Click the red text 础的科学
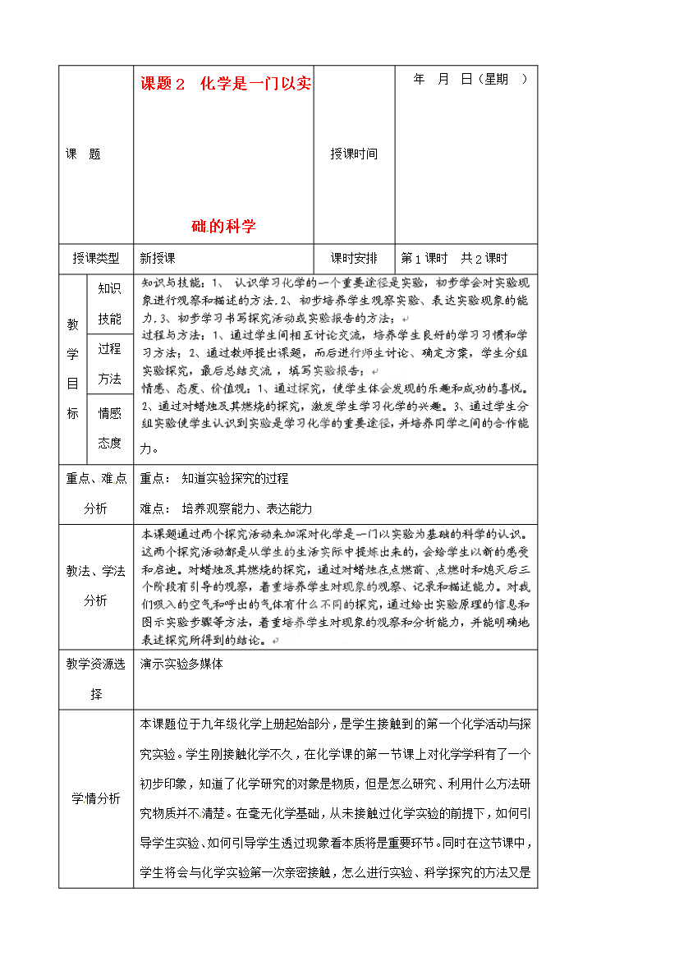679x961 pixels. click(x=223, y=226)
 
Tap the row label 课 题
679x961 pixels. click(x=83, y=154)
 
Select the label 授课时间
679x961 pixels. click(x=354, y=154)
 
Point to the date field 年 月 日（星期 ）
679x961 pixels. click(x=470, y=80)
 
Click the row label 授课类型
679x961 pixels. click(x=96, y=258)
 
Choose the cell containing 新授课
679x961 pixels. click(x=158, y=258)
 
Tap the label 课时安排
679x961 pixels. click(x=354, y=258)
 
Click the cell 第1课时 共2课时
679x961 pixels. click(x=454, y=258)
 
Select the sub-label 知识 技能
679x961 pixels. click(x=109, y=303)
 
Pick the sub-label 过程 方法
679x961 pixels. click(x=109, y=363)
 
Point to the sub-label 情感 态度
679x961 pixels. click(x=109, y=428)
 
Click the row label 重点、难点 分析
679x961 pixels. click(x=96, y=494)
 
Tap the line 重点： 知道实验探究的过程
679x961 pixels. click(x=214, y=478)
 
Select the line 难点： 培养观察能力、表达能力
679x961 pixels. click(x=226, y=508)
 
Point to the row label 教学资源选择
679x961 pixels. click(x=96, y=678)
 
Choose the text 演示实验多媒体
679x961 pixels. click(x=181, y=664)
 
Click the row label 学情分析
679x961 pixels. click(x=96, y=798)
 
